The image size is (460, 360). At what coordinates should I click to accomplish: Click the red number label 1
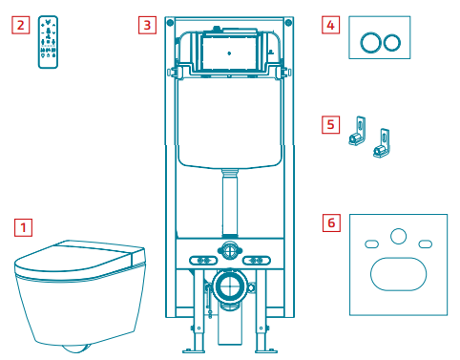click(x=23, y=227)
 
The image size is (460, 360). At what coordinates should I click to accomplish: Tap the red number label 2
click(x=21, y=25)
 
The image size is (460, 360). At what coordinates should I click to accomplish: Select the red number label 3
click(x=147, y=25)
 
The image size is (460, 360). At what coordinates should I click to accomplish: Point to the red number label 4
click(x=330, y=25)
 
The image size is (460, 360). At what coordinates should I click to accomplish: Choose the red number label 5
click(x=330, y=124)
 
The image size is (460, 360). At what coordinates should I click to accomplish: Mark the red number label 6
click(x=331, y=222)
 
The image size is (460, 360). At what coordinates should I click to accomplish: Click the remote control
click(x=48, y=42)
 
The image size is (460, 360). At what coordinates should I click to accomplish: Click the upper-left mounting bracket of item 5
click(x=358, y=131)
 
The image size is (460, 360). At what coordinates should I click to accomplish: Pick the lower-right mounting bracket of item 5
click(x=382, y=143)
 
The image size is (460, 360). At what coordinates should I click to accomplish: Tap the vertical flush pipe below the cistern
click(x=230, y=203)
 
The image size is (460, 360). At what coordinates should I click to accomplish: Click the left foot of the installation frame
click(x=194, y=350)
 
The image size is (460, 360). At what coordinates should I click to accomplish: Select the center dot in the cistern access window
click(x=229, y=53)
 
